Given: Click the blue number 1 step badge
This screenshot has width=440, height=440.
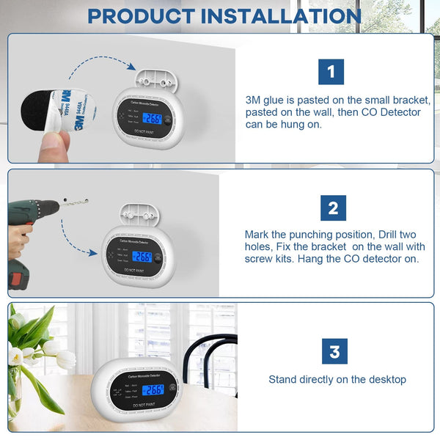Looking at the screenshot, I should (331, 72).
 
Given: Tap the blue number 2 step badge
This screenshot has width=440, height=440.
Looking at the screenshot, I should (333, 208).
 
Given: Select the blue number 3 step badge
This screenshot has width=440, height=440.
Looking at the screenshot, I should (334, 351).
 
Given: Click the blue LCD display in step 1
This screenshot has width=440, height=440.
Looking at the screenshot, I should (152, 120).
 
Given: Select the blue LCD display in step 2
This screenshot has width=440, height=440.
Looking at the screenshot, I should (142, 257).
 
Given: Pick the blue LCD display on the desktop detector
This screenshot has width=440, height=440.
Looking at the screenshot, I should (153, 390).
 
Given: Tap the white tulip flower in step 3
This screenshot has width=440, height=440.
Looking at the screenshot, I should (65, 359).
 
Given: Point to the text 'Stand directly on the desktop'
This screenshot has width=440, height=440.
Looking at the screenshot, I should (337, 379).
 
